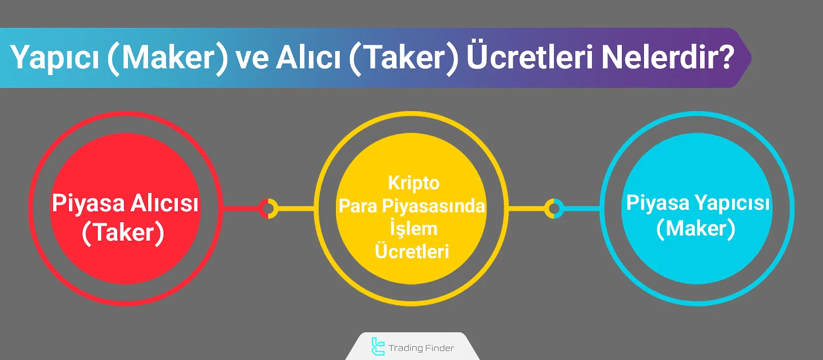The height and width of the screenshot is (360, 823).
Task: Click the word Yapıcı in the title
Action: tap(55, 58)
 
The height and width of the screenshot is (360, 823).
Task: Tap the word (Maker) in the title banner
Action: tap(168, 58)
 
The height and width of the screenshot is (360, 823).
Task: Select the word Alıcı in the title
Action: tap(308, 58)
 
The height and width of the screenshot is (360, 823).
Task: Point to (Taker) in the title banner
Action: tap(404, 58)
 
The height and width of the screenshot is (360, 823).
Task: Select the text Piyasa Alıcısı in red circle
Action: tap(125, 204)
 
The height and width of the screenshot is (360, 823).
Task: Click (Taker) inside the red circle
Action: tap(123, 232)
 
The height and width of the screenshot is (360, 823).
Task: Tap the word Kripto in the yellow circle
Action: tap(414, 183)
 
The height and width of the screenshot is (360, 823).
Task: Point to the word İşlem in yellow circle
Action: tap(414, 228)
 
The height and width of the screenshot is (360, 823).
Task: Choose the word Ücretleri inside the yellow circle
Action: tap(412, 251)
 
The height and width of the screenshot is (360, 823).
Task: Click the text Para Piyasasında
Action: tap(412, 206)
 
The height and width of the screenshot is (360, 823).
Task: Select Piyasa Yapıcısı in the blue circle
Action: tap(697, 203)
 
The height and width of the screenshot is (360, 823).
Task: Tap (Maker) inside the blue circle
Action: tap(696, 228)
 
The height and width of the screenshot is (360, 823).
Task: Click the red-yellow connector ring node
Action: tap(268, 208)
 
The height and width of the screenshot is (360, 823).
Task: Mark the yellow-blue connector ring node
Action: tap(553, 208)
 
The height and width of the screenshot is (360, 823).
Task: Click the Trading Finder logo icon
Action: tap(378, 347)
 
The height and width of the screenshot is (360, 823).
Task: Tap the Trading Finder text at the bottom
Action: tap(421, 348)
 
